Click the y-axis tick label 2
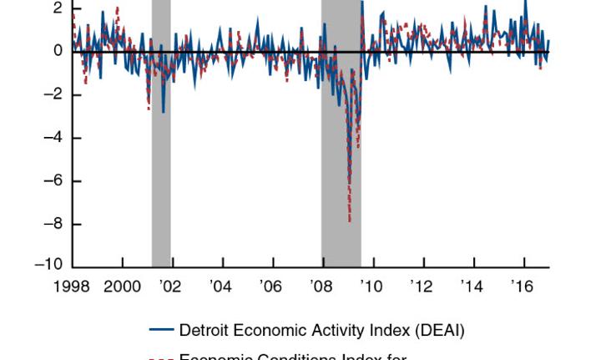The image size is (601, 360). [57, 8]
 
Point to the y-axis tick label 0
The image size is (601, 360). [57, 51]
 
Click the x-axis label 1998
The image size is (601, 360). [73, 286]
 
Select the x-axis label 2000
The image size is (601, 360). [123, 286]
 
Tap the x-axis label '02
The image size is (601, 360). [170, 286]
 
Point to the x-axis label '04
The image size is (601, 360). [220, 286]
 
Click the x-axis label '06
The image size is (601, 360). [270, 286]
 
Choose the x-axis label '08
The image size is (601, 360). [321, 286]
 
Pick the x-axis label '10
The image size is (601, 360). [371, 286]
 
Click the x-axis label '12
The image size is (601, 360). [422, 286]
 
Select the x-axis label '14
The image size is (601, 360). [472, 286]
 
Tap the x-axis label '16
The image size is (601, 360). [523, 286]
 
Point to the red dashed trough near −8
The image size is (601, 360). [350, 220]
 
